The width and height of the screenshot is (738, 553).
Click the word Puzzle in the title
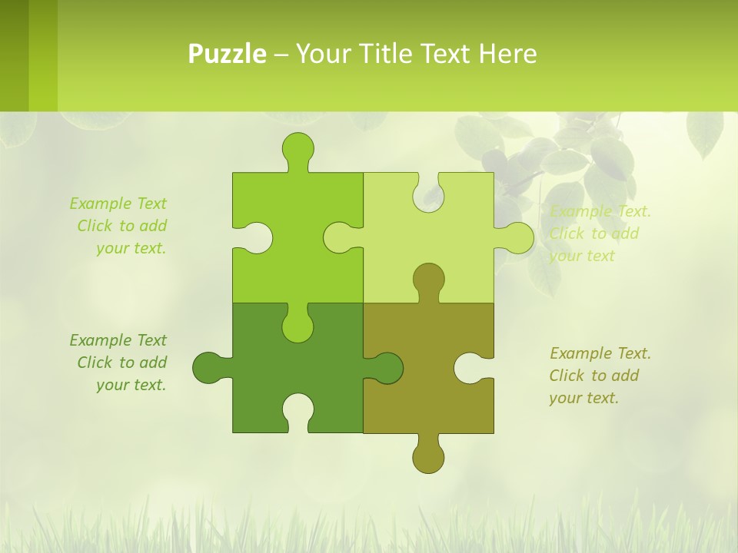coord(228,55)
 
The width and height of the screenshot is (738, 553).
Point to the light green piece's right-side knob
coord(517,237)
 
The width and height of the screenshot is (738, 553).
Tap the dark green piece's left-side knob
coord(208,368)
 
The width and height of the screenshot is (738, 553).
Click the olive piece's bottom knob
coord(428,456)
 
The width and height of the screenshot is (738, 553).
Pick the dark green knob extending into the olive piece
coord(386,368)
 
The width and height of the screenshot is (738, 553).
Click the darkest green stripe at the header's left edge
coord(14,55)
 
